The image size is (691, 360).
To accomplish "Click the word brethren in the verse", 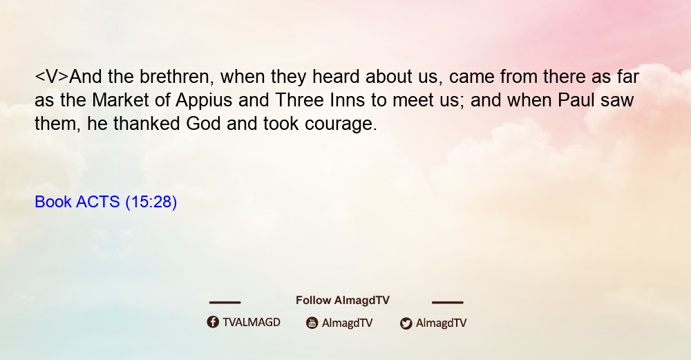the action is point(177,77).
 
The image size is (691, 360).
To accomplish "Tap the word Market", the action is point(120,100).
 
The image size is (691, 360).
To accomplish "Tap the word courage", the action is point(341,124).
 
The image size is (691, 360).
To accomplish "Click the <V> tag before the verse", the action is point(52,77).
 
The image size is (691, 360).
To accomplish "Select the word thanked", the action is point(146,124).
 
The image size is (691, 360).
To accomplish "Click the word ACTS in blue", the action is point(98,202).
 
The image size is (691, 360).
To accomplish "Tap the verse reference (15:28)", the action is point(151,202).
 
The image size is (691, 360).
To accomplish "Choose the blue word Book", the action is point(53,202).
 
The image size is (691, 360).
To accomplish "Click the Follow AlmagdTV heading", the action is point(343,300).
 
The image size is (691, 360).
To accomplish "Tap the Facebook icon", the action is point(213,322).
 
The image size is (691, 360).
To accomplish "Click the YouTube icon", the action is point(312,323).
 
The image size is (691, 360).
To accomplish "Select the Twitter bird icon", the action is point(406,323).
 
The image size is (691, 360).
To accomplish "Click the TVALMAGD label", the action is point(252,322).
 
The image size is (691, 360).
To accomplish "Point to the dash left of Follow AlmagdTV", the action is point(225,302).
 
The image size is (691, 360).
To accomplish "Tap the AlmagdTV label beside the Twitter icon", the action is point(441,323).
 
